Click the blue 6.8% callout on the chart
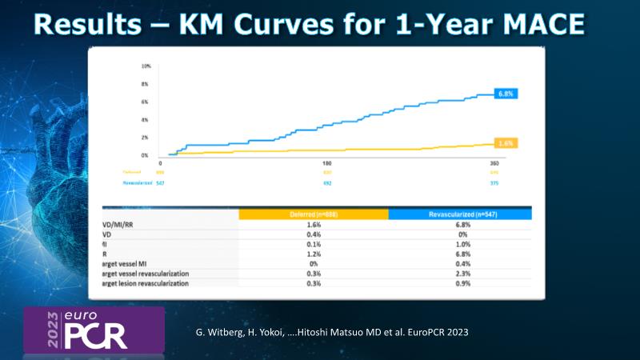click(x=505, y=94)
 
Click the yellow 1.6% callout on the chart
click(x=506, y=143)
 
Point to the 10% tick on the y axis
click(x=146, y=66)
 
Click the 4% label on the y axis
click(x=146, y=120)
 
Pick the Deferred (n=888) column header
click(x=314, y=214)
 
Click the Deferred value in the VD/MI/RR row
click(x=314, y=226)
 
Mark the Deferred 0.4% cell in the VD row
click(x=314, y=235)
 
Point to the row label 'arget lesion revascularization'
click(x=165, y=283)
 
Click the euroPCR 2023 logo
click(x=94, y=328)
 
